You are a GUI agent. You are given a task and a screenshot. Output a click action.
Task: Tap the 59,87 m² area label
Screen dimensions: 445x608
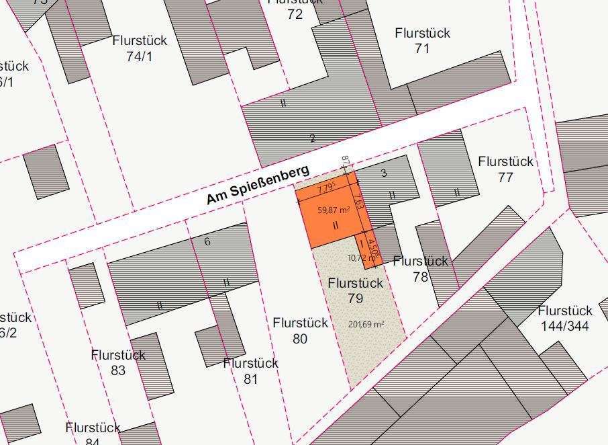point(334,210)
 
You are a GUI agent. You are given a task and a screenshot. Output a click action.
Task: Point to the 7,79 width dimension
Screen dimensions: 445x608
point(325,188)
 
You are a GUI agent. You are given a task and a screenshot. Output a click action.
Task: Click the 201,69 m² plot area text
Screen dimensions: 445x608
point(366,325)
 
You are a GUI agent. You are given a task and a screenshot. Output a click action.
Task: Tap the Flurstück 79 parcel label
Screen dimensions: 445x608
point(355,290)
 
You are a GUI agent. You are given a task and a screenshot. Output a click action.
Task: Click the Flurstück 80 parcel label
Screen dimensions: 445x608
point(300,330)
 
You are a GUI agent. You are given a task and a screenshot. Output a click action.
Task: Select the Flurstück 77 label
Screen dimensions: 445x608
point(505,169)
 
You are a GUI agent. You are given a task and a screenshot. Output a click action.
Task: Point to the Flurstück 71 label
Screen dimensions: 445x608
point(422,40)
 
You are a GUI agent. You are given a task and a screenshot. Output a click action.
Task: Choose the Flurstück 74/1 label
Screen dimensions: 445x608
point(140,48)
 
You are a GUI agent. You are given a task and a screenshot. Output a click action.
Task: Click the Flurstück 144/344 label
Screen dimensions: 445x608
point(565,318)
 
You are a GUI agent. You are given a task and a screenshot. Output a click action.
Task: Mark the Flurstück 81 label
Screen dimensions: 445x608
point(250,370)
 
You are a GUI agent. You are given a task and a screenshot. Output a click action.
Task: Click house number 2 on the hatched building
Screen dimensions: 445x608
point(312,138)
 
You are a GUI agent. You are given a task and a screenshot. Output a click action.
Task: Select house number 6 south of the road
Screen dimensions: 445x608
point(207,241)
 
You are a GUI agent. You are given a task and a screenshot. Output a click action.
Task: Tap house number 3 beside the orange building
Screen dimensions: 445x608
point(384,173)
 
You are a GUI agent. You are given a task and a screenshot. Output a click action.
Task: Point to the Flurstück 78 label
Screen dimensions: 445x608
point(420,268)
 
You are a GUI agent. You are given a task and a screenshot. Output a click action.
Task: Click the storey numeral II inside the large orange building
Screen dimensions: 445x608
point(335,226)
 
